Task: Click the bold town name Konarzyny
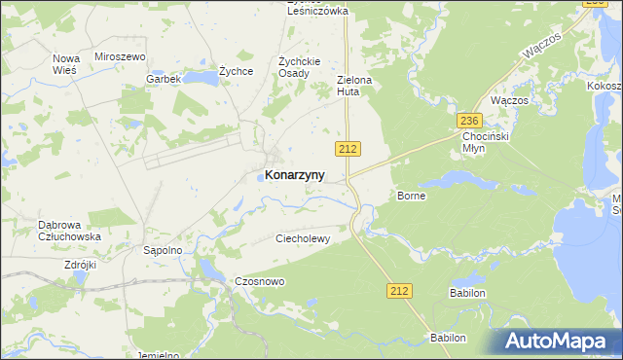pyautogui.click(x=295, y=176)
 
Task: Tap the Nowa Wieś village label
pyautogui.click(x=65, y=64)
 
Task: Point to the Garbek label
pyautogui.click(x=164, y=79)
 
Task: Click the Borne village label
pyautogui.click(x=412, y=196)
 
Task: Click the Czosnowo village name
pyautogui.click(x=260, y=281)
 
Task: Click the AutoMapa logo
pyautogui.click(x=555, y=342)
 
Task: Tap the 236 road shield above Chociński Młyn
pyautogui.click(x=469, y=119)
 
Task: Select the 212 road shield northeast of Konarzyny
pyautogui.click(x=349, y=148)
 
